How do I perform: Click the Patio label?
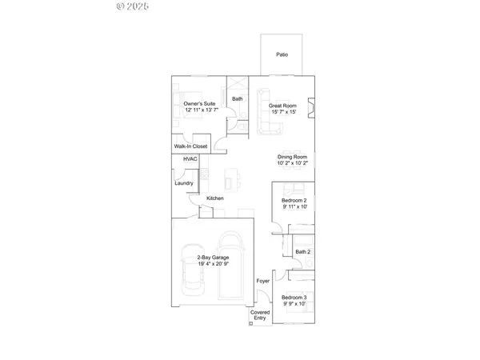pyautogui.click(x=282, y=54)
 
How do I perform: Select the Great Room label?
pyautogui.click(x=282, y=105)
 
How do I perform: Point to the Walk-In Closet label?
pyautogui.click(x=191, y=147)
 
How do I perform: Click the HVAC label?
pyautogui.click(x=190, y=159)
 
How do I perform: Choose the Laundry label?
pyautogui.click(x=184, y=183)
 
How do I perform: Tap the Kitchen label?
pyautogui.click(x=214, y=198)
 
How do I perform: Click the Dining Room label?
pyautogui.click(x=292, y=157)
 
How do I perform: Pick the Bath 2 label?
pyautogui.click(x=302, y=252)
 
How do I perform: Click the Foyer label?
pyautogui.click(x=262, y=282)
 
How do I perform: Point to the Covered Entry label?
pyautogui.click(x=259, y=315)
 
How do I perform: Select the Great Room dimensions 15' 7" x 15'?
pyautogui.click(x=283, y=111)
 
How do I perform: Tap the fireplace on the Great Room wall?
pyautogui.click(x=312, y=106)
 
